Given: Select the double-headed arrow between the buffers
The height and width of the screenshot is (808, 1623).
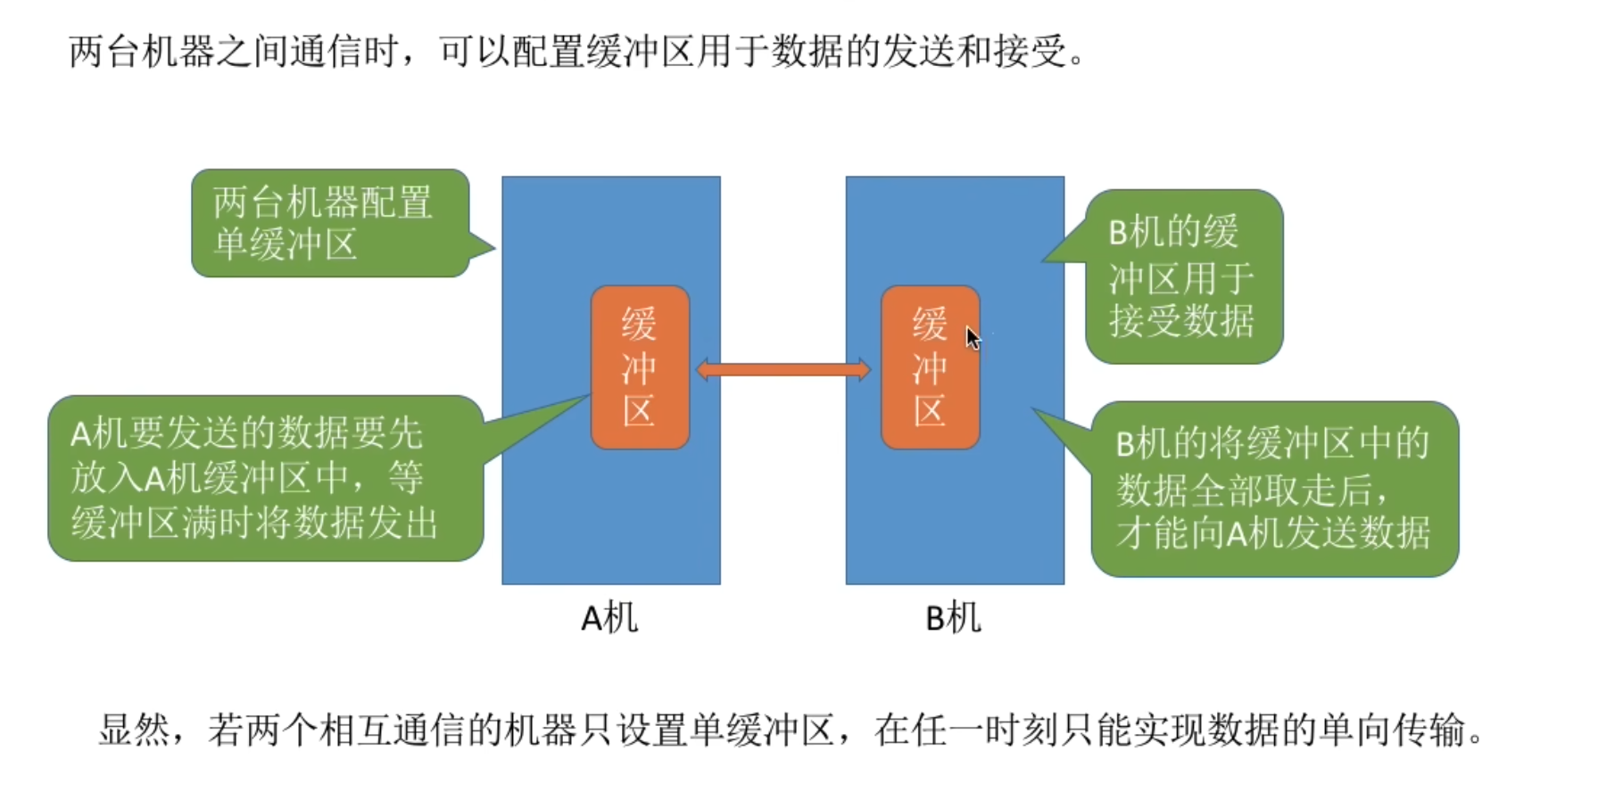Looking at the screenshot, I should [x=783, y=369].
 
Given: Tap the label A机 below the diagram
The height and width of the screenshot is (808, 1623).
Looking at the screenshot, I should [x=609, y=618].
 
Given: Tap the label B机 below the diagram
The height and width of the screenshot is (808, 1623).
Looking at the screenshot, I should [x=953, y=618].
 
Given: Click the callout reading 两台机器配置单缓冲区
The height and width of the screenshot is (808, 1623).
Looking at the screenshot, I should [x=330, y=223].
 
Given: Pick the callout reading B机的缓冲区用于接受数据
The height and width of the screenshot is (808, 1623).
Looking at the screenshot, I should [x=1183, y=276].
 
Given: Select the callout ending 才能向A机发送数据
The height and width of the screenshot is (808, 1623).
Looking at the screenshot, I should [x=1273, y=489].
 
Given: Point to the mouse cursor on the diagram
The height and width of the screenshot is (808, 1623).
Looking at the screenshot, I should [x=972, y=337].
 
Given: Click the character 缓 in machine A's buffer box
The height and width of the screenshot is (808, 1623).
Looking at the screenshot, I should [x=640, y=323].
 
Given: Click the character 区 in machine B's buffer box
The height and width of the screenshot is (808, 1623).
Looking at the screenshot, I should [x=930, y=411].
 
